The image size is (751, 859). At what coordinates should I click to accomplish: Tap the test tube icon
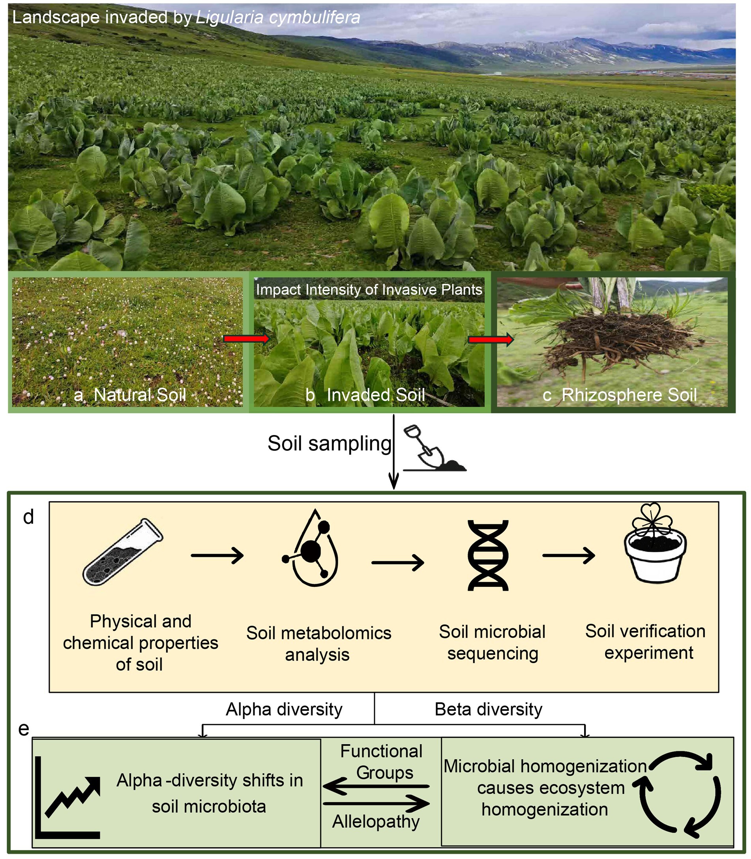(x=123, y=552)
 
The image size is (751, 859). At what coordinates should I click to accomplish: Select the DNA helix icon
(x=488, y=555)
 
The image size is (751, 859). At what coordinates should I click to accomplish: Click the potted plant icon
(x=655, y=544)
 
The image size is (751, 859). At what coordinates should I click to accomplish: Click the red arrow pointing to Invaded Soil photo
(x=246, y=338)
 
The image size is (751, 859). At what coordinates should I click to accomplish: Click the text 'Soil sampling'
(x=330, y=444)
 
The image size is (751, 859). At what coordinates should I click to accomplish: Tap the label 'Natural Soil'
(x=139, y=394)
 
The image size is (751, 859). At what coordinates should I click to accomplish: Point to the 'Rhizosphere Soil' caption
(x=629, y=395)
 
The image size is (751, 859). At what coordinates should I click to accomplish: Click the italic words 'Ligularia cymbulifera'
(x=278, y=18)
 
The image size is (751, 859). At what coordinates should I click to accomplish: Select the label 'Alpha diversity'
(x=284, y=710)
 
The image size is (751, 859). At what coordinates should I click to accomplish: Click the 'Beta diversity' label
(x=488, y=710)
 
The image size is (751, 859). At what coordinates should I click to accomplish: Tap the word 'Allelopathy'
(x=376, y=821)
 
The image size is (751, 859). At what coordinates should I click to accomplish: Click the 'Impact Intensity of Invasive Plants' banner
(x=369, y=289)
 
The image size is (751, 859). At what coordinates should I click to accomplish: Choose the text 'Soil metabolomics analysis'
(x=318, y=644)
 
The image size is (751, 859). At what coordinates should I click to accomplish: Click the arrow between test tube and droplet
(x=217, y=556)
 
